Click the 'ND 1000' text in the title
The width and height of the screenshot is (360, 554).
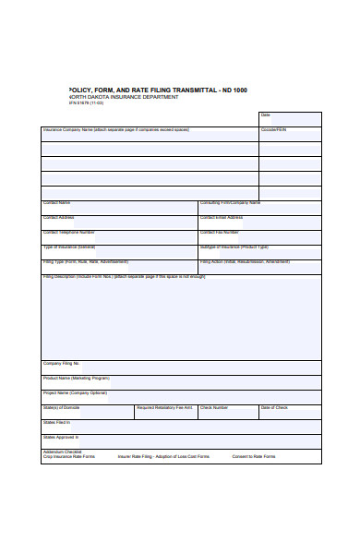[233, 90]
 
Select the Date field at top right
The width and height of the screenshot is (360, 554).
[290, 119]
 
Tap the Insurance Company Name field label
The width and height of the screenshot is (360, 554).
[114, 130]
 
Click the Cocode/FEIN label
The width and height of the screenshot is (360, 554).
[274, 130]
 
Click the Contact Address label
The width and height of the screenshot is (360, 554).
[62, 217]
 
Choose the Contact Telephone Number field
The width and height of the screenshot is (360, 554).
[119, 236]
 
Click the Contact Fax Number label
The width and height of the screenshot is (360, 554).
[220, 232]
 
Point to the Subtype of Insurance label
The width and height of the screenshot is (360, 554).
[234, 247]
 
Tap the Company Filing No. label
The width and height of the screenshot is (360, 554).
[62, 363]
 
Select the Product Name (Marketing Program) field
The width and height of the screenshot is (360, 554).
[181, 381]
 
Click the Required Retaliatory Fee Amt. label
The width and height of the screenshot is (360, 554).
[164, 407]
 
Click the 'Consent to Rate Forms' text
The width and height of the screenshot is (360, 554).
[253, 456]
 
